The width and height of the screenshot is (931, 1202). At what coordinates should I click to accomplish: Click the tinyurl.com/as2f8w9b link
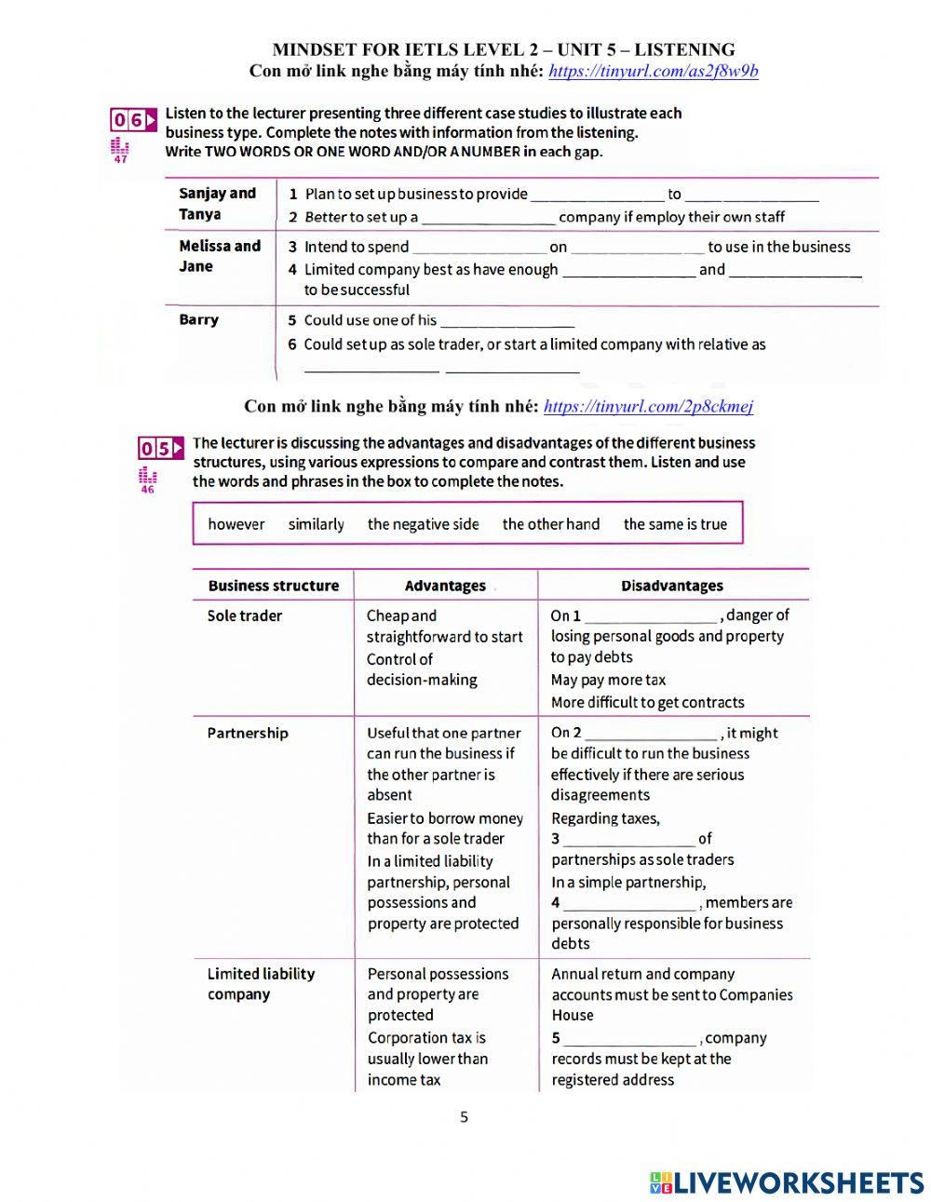tap(653, 72)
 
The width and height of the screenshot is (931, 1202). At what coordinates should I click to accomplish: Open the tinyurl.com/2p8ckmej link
tap(648, 406)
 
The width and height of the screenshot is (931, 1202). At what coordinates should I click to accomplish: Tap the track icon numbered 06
tap(133, 120)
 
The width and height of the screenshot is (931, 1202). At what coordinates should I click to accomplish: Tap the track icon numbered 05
tap(160, 449)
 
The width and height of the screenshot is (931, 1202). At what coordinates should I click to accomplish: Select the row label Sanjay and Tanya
tap(217, 204)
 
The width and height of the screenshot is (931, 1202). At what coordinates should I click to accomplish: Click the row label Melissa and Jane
tap(220, 256)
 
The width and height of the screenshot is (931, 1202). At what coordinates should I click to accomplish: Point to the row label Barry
tap(199, 320)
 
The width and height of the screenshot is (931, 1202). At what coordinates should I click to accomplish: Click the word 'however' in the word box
tap(236, 524)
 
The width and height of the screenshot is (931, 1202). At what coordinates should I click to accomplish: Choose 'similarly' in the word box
tap(317, 524)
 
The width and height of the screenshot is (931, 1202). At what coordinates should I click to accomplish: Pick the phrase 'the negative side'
tap(424, 524)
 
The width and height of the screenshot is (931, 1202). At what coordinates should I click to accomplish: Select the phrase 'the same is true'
tap(675, 524)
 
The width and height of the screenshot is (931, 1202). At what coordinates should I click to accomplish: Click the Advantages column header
tap(445, 586)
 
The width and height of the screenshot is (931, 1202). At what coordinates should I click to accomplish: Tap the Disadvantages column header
tap(672, 586)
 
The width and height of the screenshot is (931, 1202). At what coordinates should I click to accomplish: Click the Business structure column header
tap(274, 586)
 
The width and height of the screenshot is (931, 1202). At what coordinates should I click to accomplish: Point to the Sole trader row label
tap(245, 615)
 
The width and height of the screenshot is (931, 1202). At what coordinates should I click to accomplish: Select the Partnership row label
tap(248, 733)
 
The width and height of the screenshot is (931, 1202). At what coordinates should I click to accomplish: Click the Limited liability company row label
tap(261, 984)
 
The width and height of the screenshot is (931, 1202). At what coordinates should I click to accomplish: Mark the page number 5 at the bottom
tap(465, 1117)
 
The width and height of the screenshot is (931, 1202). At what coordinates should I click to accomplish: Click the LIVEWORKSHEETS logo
tap(787, 1182)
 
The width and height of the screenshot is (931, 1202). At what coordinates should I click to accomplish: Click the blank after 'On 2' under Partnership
tap(652, 734)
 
